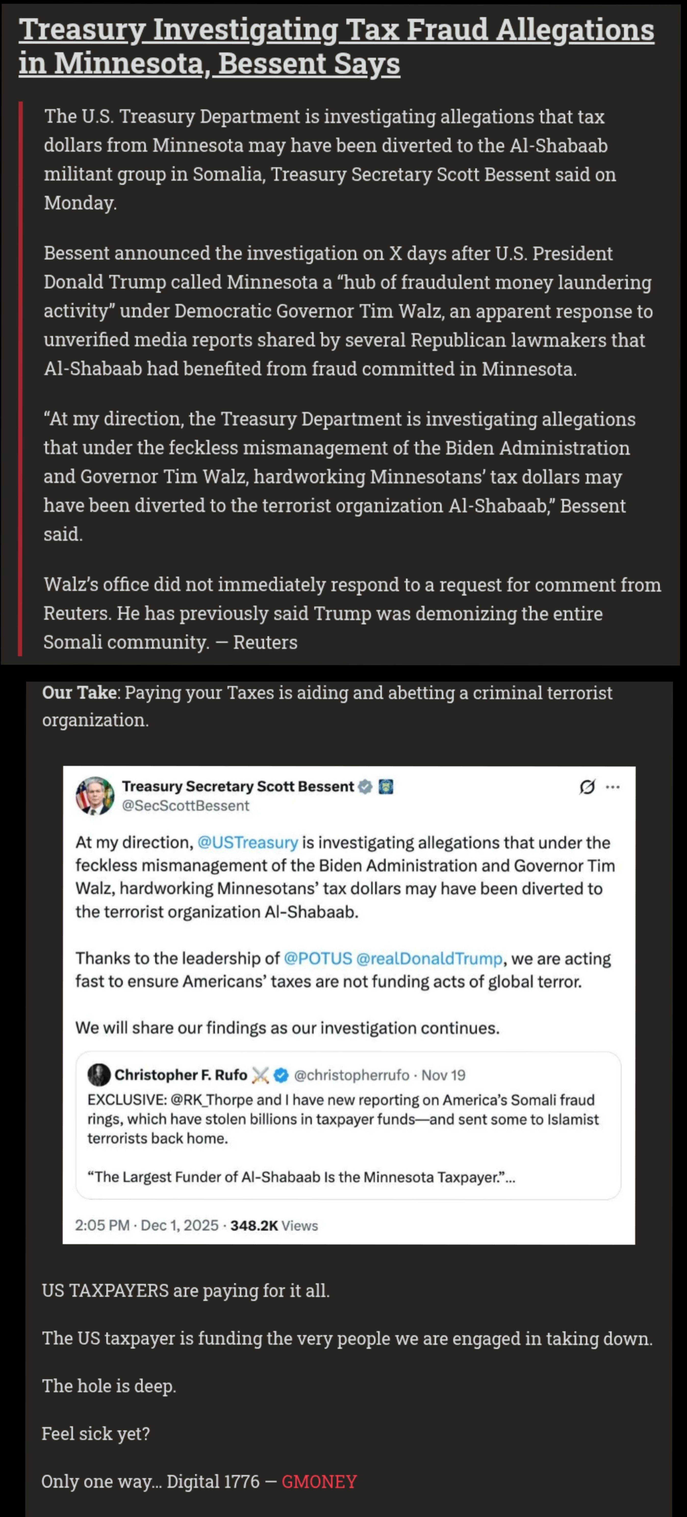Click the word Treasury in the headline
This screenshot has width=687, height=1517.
[82, 31]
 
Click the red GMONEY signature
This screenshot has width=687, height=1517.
[319, 1482]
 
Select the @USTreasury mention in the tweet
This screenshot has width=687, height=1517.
[247, 843]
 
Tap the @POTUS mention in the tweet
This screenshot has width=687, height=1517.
[317, 959]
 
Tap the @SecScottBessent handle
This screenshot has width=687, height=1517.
[185, 806]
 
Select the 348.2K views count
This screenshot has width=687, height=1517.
[254, 1226]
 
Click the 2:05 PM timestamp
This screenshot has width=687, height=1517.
[102, 1226]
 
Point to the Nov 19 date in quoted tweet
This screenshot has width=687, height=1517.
[443, 1075]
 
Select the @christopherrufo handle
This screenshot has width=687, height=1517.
[351, 1075]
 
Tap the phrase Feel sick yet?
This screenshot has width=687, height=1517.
[95, 1433]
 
